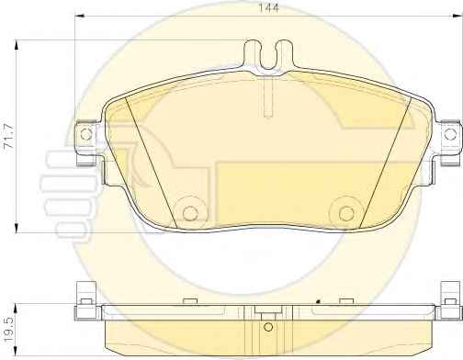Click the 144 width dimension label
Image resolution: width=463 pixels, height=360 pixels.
(x=269, y=7)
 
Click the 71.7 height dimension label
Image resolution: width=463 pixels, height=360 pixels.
(x=8, y=136)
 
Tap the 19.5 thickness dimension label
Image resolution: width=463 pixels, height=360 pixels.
(x=8, y=330)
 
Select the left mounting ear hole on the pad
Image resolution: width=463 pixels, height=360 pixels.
(x=86, y=134)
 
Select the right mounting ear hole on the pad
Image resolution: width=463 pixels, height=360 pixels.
(x=450, y=134)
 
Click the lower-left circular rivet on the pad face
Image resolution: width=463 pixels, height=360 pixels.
(x=190, y=213)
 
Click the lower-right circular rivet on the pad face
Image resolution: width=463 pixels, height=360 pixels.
(x=346, y=213)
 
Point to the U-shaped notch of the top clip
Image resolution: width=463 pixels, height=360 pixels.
(x=268, y=55)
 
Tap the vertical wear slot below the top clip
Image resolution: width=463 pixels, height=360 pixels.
(x=268, y=96)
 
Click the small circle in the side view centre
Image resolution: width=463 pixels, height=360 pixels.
(x=268, y=327)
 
